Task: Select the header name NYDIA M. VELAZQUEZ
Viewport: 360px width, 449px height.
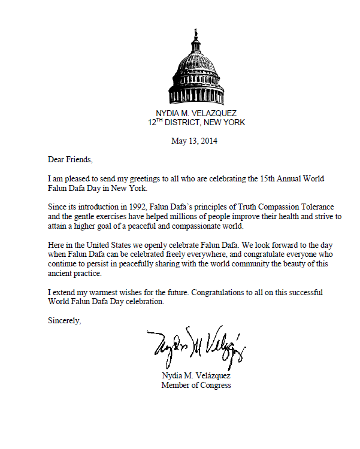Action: pos(197,114)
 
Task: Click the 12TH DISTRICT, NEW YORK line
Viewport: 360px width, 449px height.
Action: pos(197,123)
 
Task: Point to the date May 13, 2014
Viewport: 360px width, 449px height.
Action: pos(194,142)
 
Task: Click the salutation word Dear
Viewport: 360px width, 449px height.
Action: pos(56,160)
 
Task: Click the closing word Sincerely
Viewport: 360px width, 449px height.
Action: pos(63,321)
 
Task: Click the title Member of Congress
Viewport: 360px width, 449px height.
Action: pos(196,385)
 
